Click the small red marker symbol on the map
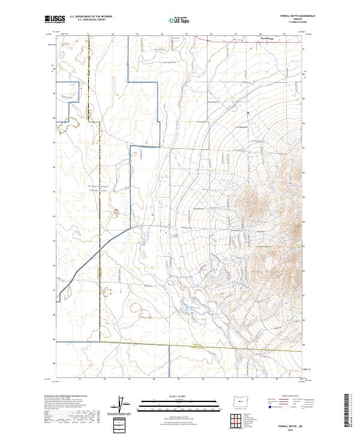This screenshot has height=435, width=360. point(248,112)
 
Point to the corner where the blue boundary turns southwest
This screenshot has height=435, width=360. point(131,229)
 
